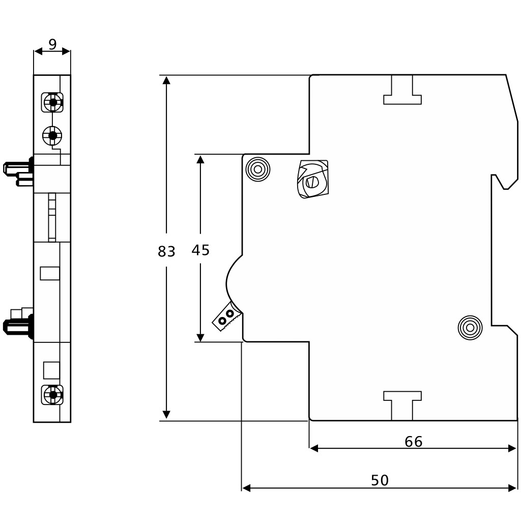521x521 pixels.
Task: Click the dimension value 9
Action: click(52, 44)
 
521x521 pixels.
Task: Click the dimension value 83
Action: click(166, 251)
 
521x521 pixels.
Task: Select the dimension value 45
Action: click(200, 250)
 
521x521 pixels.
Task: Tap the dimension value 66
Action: click(414, 442)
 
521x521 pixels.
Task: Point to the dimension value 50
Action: click(380, 480)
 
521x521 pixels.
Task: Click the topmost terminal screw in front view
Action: click(52, 102)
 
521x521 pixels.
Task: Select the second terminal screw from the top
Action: click(52, 135)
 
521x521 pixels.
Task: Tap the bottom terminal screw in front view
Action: click(52, 395)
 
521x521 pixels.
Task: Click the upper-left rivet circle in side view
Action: click(258, 169)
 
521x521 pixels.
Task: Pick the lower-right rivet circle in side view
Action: click(470, 328)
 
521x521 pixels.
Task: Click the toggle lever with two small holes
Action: click(226, 316)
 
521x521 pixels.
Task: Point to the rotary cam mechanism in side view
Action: click(312, 180)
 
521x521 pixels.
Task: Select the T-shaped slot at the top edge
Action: click(402, 90)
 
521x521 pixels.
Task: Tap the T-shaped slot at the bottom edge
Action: click(402, 406)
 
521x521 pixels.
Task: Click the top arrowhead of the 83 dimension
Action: click(166, 80)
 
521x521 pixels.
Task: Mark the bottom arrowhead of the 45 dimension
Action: click(200, 337)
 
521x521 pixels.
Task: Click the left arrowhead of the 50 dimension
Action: click(246, 488)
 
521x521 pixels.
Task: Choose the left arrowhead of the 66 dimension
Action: click(314, 448)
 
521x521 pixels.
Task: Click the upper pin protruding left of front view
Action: click(18, 171)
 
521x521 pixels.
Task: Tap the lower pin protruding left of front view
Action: click(18, 325)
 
